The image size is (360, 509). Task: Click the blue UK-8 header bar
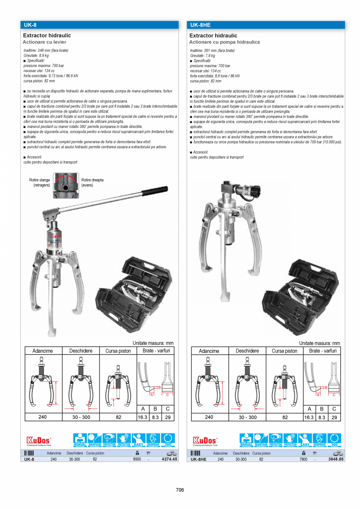tap(99, 25)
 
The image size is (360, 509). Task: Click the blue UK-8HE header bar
tap(266, 25)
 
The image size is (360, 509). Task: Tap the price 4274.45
tap(169, 459)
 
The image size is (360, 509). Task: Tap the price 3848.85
tap(336, 459)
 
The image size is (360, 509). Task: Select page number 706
tap(180, 490)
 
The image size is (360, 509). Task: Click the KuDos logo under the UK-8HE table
tap(205, 441)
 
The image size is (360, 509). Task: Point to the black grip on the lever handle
tap(155, 191)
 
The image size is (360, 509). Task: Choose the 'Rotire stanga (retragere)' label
tap(40, 183)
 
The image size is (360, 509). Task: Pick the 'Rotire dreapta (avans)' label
tap(92, 183)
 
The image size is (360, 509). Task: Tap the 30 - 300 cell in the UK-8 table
tap(81, 417)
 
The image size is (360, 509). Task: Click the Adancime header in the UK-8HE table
tap(209, 351)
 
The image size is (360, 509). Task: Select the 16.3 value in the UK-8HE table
tap(309, 417)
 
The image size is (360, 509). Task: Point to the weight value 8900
tap(137, 459)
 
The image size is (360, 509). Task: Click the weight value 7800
tap(303, 459)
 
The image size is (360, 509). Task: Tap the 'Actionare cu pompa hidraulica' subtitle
tap(225, 42)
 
